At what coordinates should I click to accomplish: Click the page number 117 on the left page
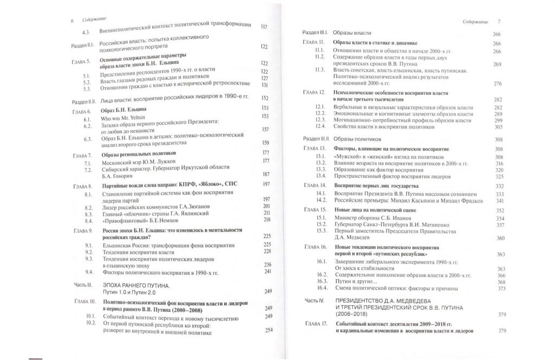[264, 27]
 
